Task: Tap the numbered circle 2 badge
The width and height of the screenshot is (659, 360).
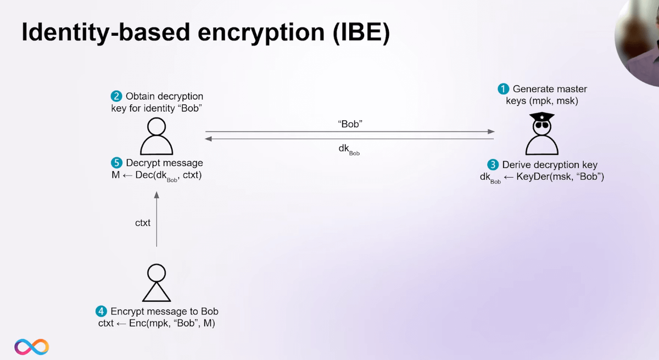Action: (x=116, y=96)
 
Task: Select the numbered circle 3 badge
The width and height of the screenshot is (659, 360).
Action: (x=493, y=165)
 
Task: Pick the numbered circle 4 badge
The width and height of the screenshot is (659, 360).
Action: (x=101, y=311)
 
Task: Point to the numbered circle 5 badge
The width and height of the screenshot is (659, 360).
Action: (x=116, y=163)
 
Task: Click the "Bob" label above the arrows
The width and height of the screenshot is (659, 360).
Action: (x=350, y=124)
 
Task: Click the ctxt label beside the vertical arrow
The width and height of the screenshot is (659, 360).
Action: (x=143, y=223)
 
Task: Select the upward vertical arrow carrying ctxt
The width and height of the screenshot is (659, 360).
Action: (x=157, y=220)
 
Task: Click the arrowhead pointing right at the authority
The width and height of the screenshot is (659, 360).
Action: (x=491, y=132)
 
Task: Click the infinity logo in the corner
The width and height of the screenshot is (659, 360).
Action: (x=31, y=346)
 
